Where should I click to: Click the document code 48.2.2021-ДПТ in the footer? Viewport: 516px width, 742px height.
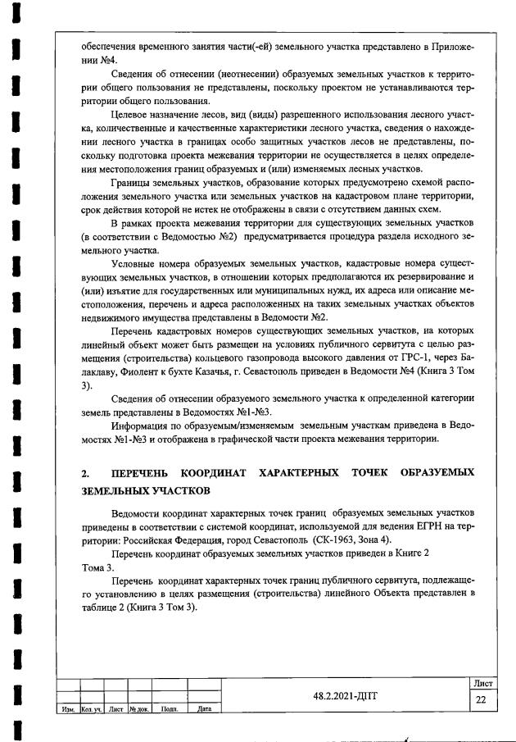coord(347,694)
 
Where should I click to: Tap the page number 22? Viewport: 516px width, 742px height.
coord(480,699)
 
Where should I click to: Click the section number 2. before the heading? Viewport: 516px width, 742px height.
coord(85,474)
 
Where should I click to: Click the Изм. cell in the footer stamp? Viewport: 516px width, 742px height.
coord(69,708)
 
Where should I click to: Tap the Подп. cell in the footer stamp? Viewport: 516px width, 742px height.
coord(170,708)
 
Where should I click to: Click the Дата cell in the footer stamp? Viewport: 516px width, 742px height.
coord(204,708)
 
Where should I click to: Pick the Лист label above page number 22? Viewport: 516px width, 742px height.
coord(480,682)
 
